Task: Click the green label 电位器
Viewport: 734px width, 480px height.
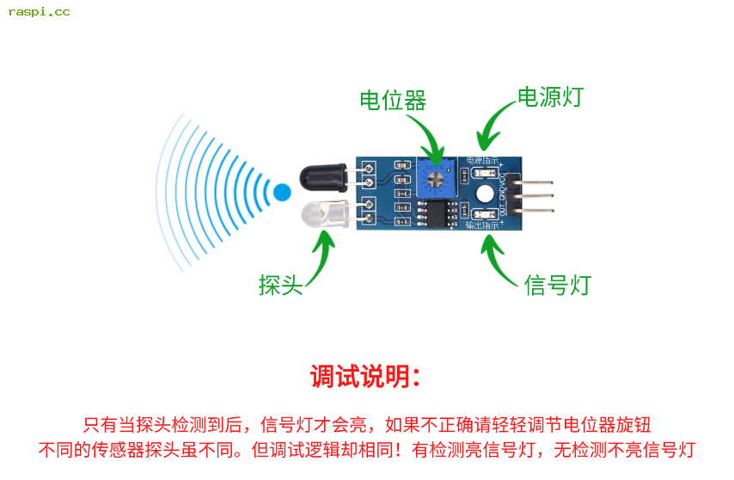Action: pyautogui.click(x=393, y=101)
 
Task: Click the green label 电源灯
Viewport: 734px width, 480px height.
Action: pyautogui.click(x=549, y=96)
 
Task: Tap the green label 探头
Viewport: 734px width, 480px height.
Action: pyautogui.click(x=281, y=285)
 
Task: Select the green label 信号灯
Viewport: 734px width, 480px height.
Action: pyautogui.click(x=558, y=285)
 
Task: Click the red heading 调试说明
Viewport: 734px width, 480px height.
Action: pyautogui.click(x=365, y=377)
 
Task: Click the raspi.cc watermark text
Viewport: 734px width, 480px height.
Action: pyautogui.click(x=39, y=12)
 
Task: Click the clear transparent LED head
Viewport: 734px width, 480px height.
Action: pyautogui.click(x=321, y=212)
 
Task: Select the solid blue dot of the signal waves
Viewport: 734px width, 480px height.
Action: pyautogui.click(x=282, y=192)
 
